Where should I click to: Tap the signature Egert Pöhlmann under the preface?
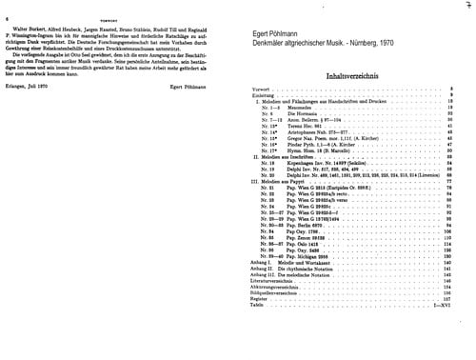(x=209, y=112)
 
